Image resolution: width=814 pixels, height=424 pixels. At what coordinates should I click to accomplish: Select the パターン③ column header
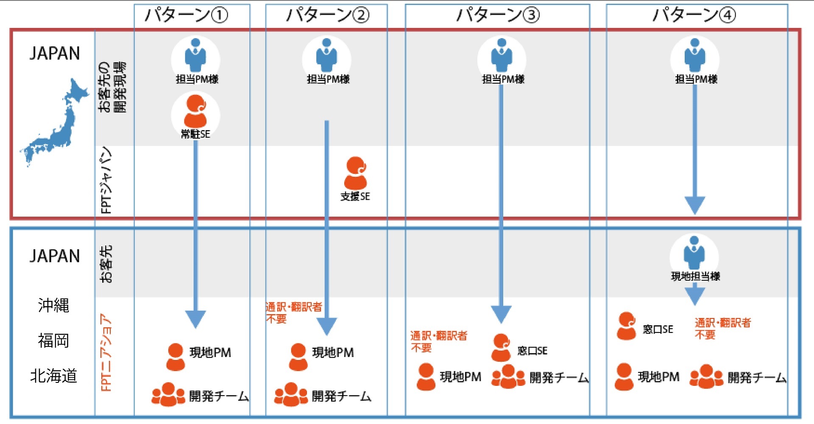(x=497, y=15)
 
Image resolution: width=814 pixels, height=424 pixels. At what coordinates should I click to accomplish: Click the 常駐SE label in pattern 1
(x=195, y=134)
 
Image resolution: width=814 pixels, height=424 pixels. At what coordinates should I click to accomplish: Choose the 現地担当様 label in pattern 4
(x=695, y=276)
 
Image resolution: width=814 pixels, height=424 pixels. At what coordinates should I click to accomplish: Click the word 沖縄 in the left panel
(x=53, y=305)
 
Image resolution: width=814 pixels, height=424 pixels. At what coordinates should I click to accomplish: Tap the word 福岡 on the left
(x=53, y=340)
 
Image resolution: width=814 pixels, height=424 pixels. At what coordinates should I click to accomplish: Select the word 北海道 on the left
(x=53, y=376)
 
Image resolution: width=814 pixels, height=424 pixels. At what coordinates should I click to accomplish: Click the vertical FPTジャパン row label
(x=106, y=180)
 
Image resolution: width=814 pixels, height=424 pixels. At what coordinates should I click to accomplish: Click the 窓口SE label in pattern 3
(x=532, y=351)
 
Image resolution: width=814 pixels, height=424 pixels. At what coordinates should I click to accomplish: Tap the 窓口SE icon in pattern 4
(x=626, y=326)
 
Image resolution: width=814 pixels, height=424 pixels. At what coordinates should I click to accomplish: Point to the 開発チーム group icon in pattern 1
(x=168, y=395)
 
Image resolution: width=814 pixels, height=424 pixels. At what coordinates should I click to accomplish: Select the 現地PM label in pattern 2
(x=333, y=353)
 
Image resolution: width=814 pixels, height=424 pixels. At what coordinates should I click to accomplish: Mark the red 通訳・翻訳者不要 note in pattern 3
(x=438, y=342)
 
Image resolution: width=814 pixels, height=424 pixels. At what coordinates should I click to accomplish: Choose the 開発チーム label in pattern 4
(x=757, y=377)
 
